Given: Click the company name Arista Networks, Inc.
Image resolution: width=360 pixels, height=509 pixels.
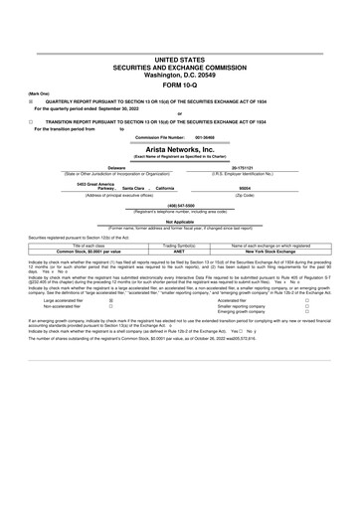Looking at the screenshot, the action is click(x=180, y=148).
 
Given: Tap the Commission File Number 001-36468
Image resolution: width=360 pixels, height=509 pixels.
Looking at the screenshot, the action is click(x=205, y=136).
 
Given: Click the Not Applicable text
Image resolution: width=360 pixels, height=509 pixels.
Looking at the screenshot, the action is click(x=180, y=222).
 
